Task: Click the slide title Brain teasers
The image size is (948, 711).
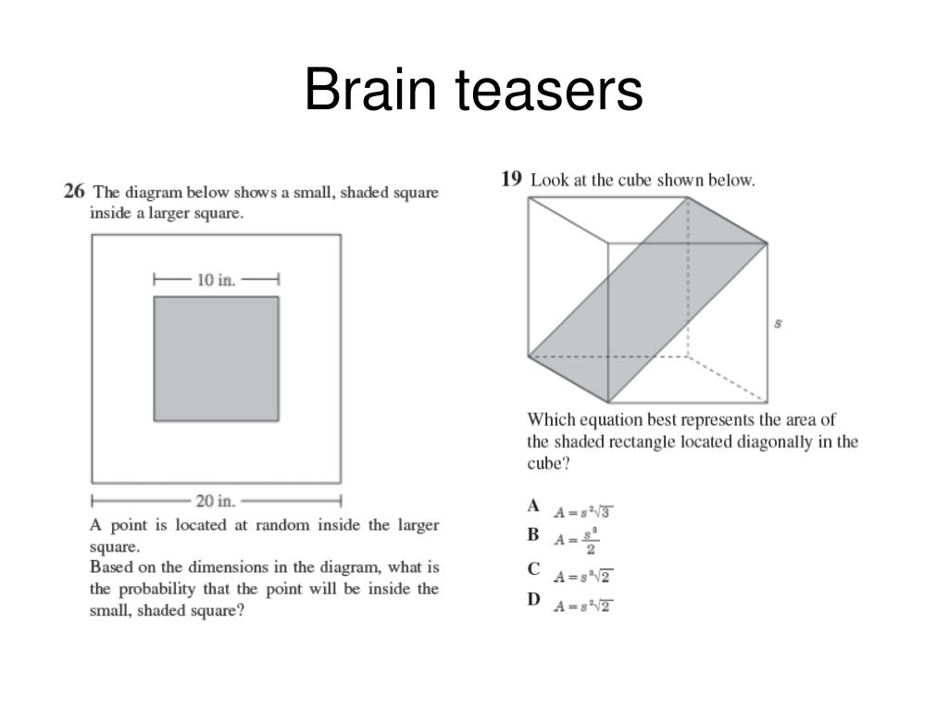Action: coord(473,92)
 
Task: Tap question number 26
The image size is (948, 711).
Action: coord(74,192)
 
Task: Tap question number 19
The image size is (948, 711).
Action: coord(512,179)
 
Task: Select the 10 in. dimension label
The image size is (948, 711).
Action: coord(217,279)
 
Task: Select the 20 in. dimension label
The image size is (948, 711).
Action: coord(216,501)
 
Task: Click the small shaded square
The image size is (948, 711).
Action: coord(216,358)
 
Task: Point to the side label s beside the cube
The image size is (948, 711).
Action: coord(778,323)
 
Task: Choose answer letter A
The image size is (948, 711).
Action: coord(533,506)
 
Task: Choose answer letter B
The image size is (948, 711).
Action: coord(533,534)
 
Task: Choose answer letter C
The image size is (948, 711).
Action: coord(533,570)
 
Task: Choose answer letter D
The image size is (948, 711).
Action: coord(533,599)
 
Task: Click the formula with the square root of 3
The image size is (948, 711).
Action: coord(584,512)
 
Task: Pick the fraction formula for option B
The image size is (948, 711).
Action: coord(578,540)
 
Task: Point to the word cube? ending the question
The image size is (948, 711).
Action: coord(548,463)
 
